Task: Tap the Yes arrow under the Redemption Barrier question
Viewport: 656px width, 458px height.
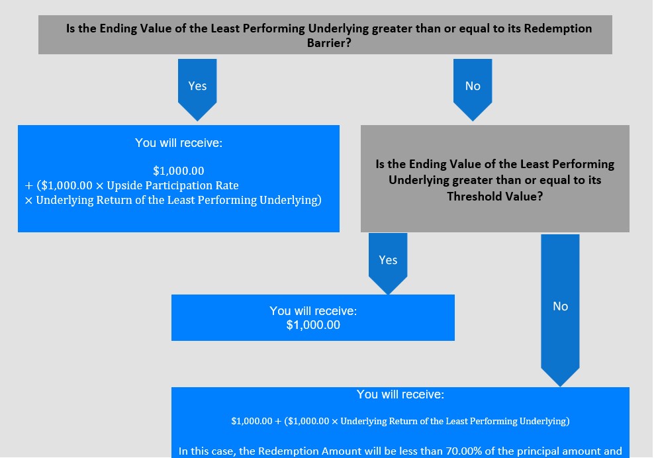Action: coord(197,89)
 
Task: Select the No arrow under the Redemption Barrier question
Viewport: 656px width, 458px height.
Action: coord(473,89)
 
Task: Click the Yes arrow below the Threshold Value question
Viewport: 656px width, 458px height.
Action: coord(388,263)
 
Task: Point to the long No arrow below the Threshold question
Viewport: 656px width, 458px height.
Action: coord(560,310)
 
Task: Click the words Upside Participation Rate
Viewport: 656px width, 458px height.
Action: coord(172,185)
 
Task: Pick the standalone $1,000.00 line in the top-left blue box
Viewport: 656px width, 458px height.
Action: coord(179,171)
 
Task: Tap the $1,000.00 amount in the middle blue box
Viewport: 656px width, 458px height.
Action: coord(313,325)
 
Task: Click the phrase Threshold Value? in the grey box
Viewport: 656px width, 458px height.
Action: coord(495,196)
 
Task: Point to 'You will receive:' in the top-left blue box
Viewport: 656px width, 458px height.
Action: coord(179,143)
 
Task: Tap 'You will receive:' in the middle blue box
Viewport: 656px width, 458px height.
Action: coord(313,311)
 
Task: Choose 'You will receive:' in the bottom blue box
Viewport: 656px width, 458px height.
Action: coord(400,394)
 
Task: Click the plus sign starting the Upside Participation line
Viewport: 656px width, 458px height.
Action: coord(29,186)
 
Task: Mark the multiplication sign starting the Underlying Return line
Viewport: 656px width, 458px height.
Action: coord(28,201)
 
